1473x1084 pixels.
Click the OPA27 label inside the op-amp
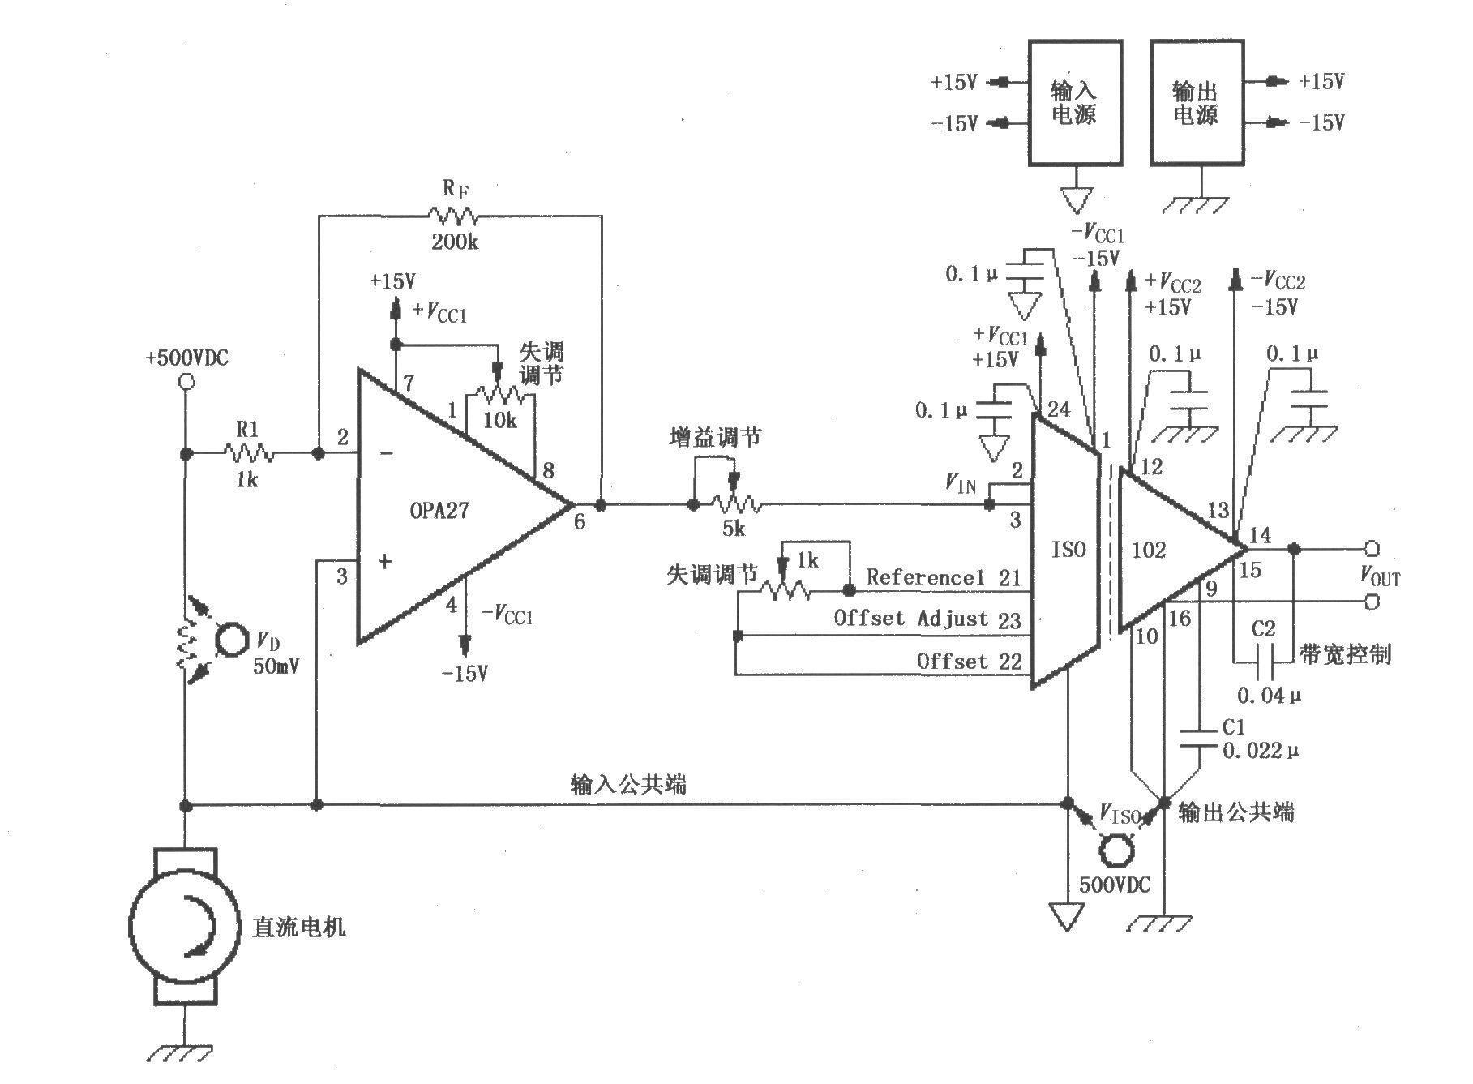pyautogui.click(x=439, y=511)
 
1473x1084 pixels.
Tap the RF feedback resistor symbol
pyautogui.click(x=453, y=216)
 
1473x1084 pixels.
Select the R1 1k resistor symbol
pyautogui.click(x=248, y=454)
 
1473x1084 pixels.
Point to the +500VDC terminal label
pyautogui.click(x=187, y=358)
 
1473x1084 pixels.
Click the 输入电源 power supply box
pyautogui.click(x=1075, y=103)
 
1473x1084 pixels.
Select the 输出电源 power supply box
pyautogui.click(x=1197, y=103)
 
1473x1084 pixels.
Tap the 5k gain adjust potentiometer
pyautogui.click(x=736, y=504)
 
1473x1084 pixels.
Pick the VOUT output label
pyautogui.click(x=1379, y=576)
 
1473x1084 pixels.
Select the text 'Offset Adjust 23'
pyautogui.click(x=927, y=619)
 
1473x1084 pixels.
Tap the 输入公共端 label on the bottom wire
pyautogui.click(x=629, y=784)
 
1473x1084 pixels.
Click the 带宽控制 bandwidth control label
pyautogui.click(x=1345, y=654)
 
